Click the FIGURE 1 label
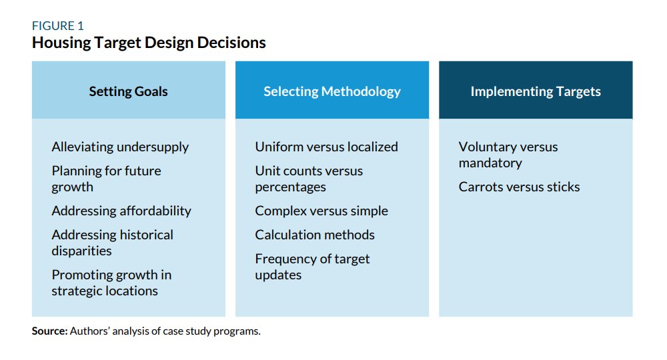57,26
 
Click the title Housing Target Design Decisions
149,43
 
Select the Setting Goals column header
129,91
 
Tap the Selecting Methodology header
332,91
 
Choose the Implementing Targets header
536,91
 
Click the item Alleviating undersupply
120,147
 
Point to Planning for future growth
106,179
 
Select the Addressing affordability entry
121,211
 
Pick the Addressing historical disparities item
112,243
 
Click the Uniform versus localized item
326,147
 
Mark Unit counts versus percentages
309,179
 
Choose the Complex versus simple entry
321,211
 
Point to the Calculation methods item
315,235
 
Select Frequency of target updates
312,267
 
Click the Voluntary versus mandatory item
508,155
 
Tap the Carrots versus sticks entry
519,187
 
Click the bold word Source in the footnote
49,331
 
